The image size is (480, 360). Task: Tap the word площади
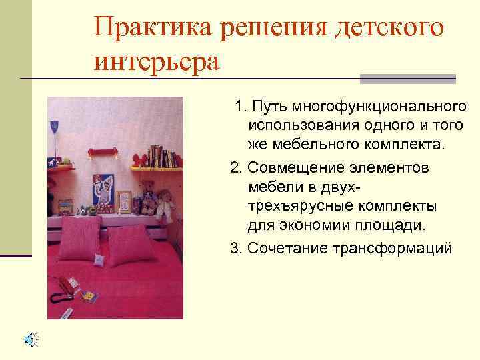(x=389, y=224)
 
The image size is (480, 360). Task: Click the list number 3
(x=234, y=249)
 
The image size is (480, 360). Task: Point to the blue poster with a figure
(x=102, y=193)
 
